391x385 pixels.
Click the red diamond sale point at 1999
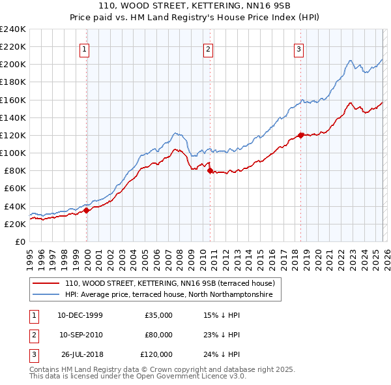click(x=87, y=210)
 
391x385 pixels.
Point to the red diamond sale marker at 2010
click(x=210, y=170)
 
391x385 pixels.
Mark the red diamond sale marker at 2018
click(x=300, y=135)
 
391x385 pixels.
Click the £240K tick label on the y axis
click(x=13, y=29)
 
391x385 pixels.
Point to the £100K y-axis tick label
click(x=13, y=153)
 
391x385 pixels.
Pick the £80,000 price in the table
click(x=158, y=335)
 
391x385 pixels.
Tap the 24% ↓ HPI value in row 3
click(x=222, y=354)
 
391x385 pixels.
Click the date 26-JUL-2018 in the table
click(x=82, y=354)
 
